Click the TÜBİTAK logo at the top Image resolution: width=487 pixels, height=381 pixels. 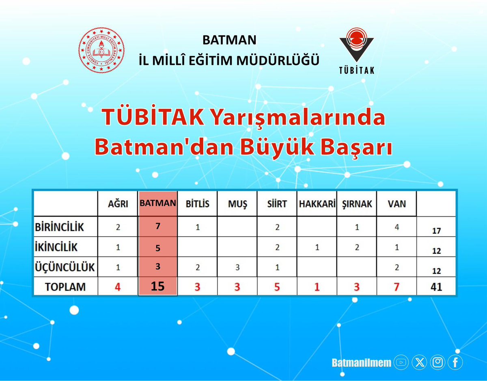pos(356,50)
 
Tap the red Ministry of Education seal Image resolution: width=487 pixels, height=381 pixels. pos(101,50)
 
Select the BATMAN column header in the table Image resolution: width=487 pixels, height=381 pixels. pos(158,203)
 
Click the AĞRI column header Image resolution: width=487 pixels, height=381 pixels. pos(118,204)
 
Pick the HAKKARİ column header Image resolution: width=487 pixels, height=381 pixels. pos(317,204)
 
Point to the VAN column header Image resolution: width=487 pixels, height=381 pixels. pos(396,204)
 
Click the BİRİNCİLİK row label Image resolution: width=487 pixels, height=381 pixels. pos(59,227)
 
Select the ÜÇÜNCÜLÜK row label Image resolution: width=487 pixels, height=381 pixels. pos(65,267)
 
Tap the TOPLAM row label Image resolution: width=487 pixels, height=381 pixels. pos(65,287)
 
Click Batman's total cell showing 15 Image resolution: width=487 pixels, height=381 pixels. pos(158,286)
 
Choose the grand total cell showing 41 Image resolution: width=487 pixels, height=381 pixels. pos(436,287)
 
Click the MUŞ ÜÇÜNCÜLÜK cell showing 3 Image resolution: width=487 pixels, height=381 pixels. pos(237,267)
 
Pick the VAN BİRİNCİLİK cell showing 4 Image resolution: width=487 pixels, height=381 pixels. pos(396,227)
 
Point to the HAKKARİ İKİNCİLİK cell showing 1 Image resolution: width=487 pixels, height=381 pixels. pos(317,247)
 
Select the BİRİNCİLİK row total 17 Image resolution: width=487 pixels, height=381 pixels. pos(436,231)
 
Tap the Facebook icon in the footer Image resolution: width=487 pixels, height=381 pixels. pos(455,362)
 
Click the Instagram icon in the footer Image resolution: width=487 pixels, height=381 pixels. pos(437,362)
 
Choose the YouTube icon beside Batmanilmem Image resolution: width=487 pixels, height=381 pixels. pos(401,362)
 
